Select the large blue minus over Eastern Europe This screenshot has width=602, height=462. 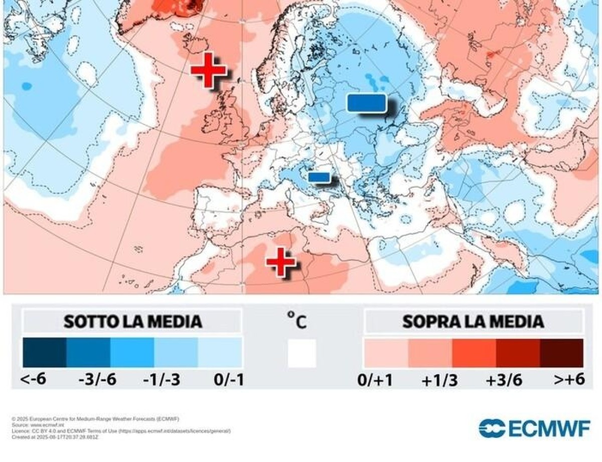point(367,103)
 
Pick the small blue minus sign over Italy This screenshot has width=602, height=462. point(319,177)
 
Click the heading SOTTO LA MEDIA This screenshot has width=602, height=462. point(132,322)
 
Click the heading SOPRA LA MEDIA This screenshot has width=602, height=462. point(473,322)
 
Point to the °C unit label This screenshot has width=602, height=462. point(296,320)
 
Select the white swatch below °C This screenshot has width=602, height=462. point(302,353)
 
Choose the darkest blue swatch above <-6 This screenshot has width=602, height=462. point(44,353)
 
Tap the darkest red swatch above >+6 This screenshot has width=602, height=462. point(561,353)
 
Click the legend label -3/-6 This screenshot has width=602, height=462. point(98,380)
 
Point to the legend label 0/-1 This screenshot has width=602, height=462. point(229,380)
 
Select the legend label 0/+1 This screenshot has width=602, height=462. point(375,380)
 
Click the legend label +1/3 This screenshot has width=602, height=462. point(439,380)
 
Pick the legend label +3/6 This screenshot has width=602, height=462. point(504,380)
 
